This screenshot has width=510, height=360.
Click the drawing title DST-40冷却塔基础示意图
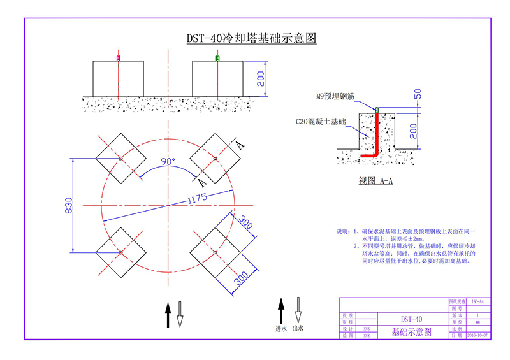click(x=251, y=38)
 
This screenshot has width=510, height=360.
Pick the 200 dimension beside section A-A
click(x=416, y=131)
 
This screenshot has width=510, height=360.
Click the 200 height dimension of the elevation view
click(x=261, y=78)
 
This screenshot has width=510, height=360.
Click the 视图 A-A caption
click(x=375, y=181)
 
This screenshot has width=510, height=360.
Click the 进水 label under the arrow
click(x=280, y=329)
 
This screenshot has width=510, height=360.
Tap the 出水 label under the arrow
click(x=296, y=329)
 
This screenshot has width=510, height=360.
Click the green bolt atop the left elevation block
click(x=119, y=59)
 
